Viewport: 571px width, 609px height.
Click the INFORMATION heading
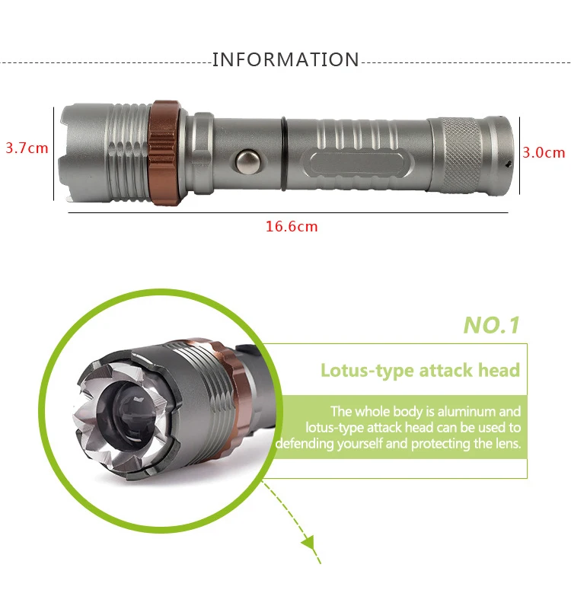tap(285, 60)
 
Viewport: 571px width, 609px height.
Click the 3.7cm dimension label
tap(27, 148)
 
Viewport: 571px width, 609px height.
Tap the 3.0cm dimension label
tap(544, 152)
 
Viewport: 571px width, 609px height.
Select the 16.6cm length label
tap(292, 226)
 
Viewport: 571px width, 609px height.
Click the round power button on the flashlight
tap(247, 161)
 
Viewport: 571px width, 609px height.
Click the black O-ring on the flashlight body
tap(283, 155)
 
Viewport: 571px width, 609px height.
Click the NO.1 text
tap(491, 326)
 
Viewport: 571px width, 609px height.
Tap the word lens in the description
tap(506, 444)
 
